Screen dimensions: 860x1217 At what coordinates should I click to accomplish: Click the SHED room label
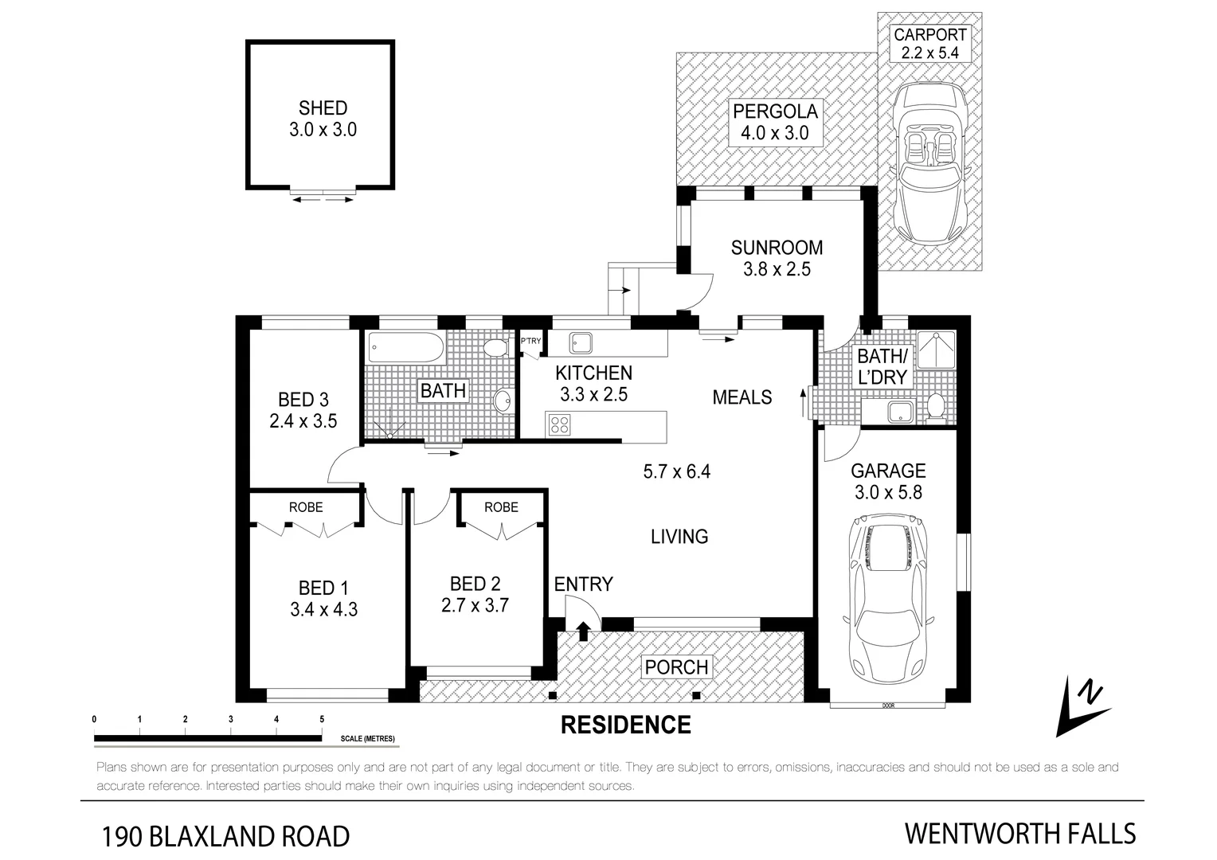(323, 108)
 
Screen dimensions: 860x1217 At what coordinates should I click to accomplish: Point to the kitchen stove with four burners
(559, 424)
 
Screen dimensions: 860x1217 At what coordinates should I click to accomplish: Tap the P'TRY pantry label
(530, 342)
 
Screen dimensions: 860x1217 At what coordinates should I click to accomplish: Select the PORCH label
(676, 666)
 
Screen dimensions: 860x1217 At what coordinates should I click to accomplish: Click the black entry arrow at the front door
(583, 631)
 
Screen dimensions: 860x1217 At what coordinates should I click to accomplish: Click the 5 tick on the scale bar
(322, 719)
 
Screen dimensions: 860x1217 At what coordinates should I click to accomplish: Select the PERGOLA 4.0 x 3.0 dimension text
(774, 133)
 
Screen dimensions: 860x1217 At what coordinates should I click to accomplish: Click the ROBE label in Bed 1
(306, 507)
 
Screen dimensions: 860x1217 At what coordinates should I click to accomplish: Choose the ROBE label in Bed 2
(501, 507)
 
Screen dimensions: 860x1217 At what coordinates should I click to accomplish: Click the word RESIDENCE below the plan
(626, 725)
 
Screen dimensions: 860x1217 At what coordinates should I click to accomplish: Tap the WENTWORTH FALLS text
(1019, 834)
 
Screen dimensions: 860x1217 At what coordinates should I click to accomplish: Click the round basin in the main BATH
(503, 401)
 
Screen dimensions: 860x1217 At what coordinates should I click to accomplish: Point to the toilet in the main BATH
(496, 349)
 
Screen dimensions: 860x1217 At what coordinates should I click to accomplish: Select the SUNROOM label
(777, 248)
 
